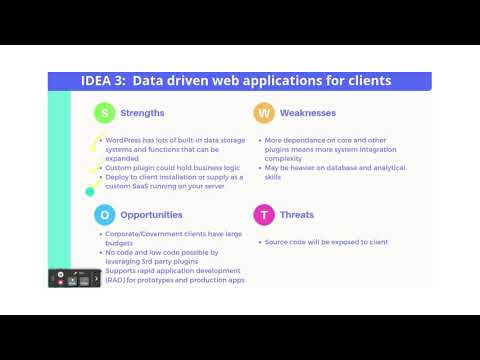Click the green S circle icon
click(x=104, y=113)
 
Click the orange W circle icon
click(x=263, y=113)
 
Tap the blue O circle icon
click(x=104, y=214)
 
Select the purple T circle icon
click(x=263, y=214)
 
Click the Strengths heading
click(x=142, y=113)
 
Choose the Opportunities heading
click(x=152, y=214)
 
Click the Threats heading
click(x=297, y=214)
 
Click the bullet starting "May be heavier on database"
click(x=334, y=168)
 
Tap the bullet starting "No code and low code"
click(x=160, y=252)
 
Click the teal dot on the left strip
click(x=90, y=190)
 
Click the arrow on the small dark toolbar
click(x=96, y=277)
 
